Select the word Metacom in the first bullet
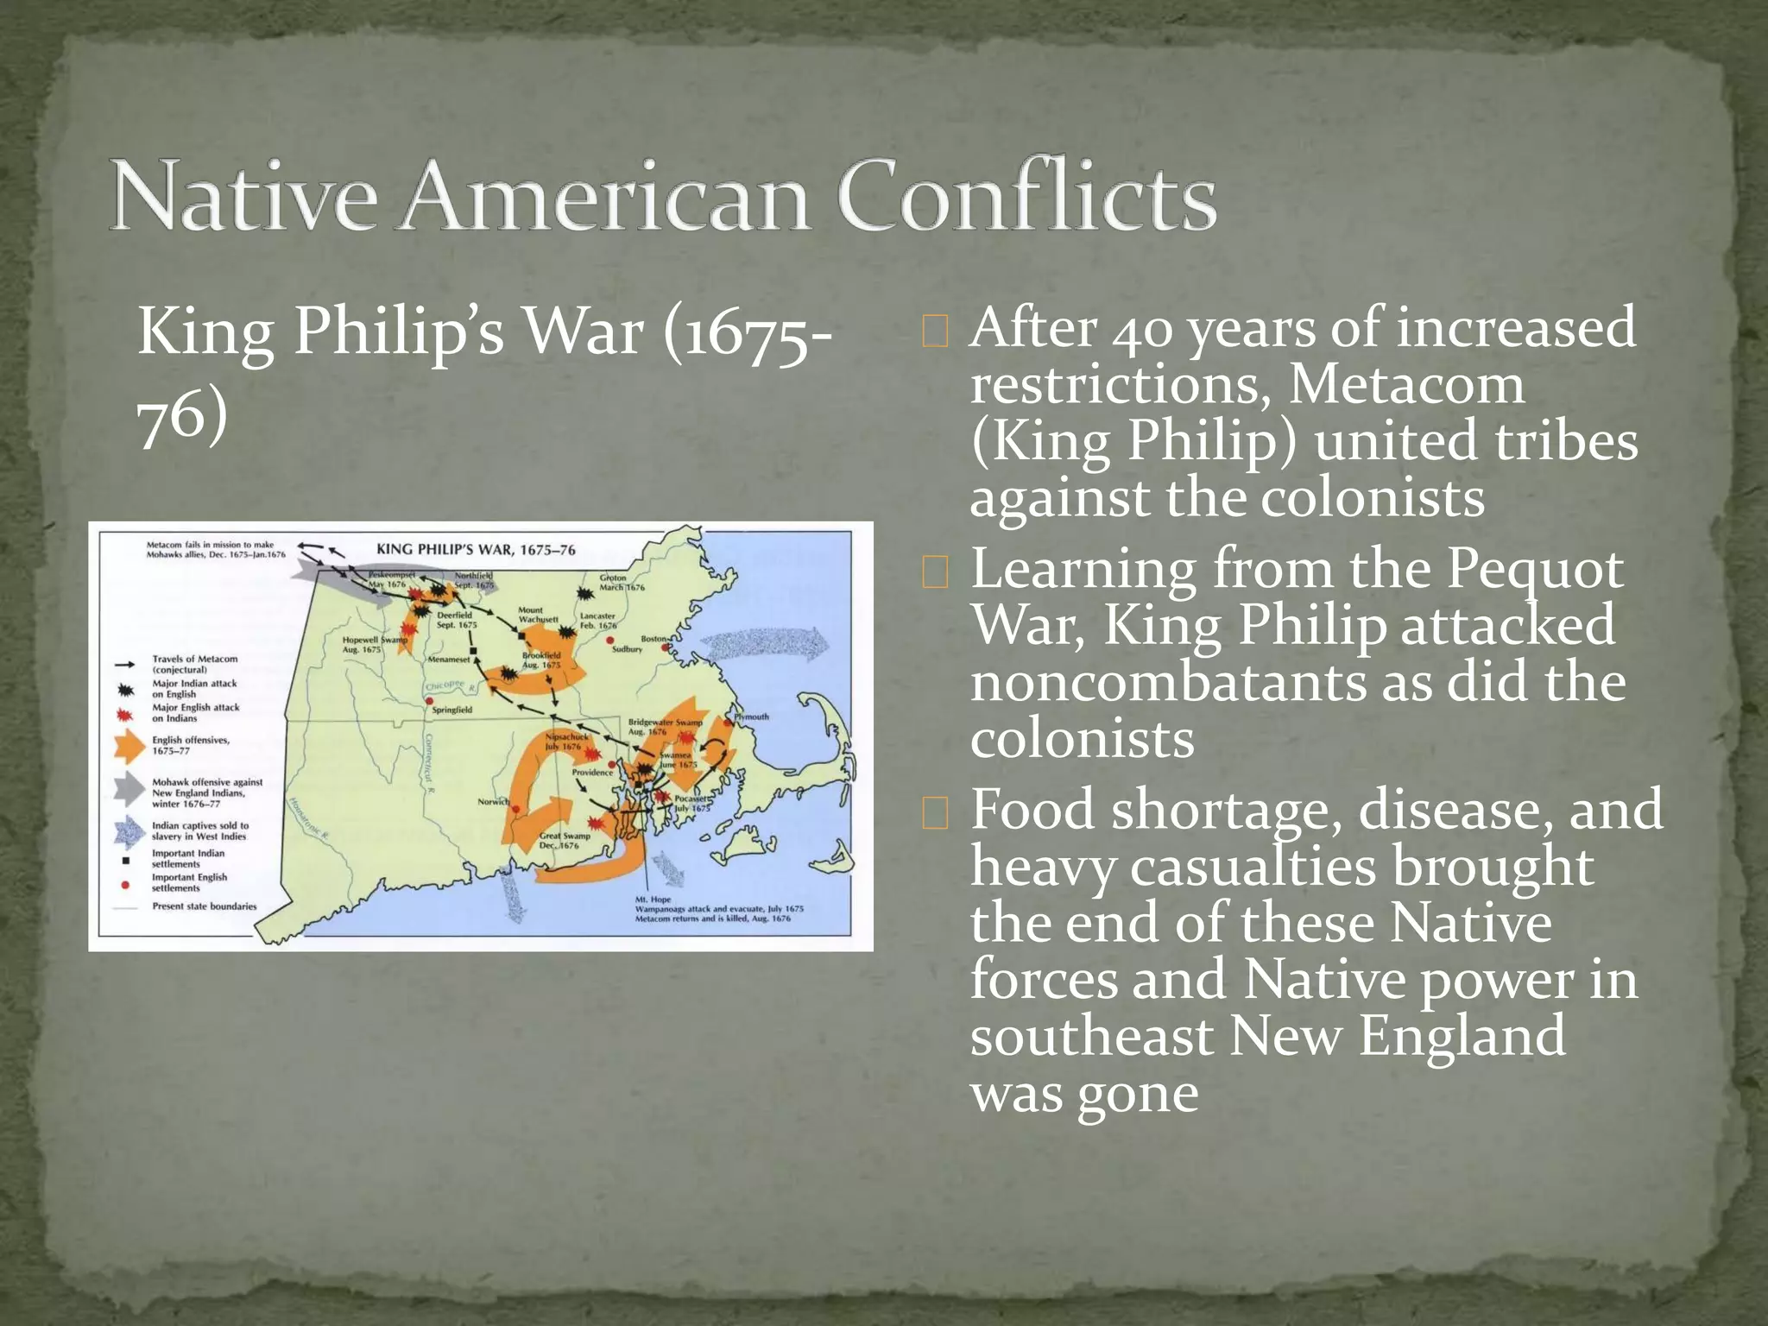point(1406,385)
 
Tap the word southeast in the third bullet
point(1091,1036)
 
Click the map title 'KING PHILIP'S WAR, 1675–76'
point(476,550)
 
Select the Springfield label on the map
point(451,710)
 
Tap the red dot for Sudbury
point(610,640)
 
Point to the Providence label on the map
point(592,772)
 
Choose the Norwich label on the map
point(493,802)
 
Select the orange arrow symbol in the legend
point(129,745)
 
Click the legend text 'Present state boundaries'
point(204,906)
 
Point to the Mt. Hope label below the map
point(653,900)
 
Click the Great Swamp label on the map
point(565,836)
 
